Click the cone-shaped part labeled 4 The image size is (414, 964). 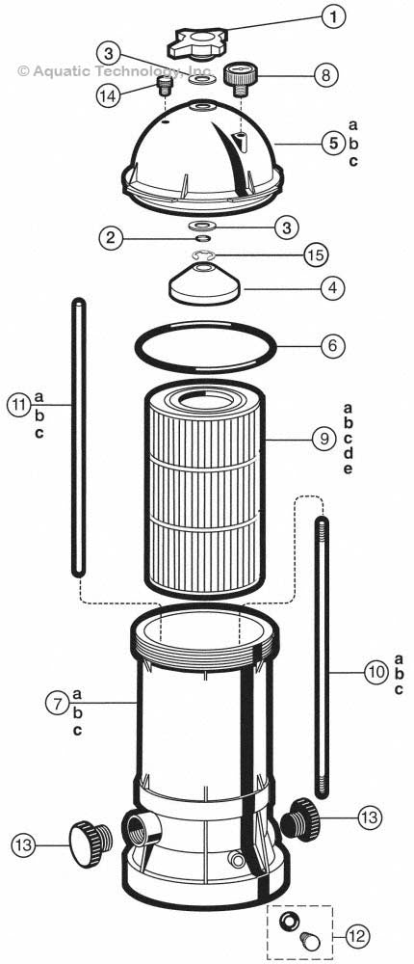(x=207, y=283)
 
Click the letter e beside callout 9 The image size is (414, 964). (x=348, y=469)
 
